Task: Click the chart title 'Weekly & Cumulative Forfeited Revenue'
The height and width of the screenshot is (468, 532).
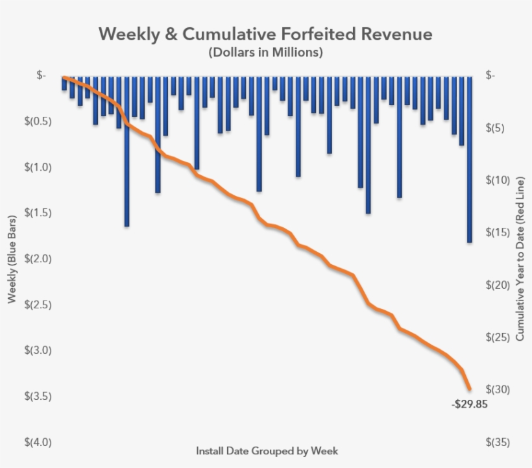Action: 265,34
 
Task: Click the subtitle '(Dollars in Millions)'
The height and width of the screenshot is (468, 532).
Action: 265,53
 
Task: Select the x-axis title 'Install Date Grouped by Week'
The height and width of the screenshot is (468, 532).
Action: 267,450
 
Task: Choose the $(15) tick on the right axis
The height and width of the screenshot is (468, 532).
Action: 498,232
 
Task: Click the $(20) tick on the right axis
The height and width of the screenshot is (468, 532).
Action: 498,285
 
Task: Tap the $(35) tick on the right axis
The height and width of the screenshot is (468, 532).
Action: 498,442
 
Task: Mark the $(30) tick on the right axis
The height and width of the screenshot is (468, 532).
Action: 498,389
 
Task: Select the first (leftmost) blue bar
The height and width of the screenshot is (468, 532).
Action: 64,84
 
